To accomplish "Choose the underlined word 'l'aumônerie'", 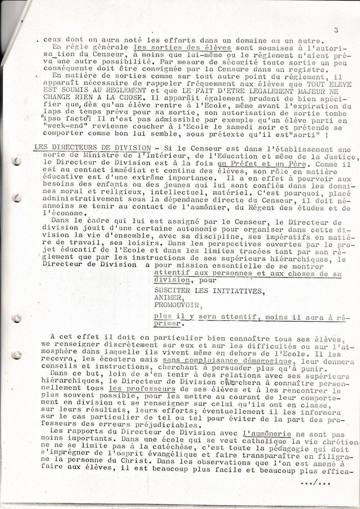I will point(267,435).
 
